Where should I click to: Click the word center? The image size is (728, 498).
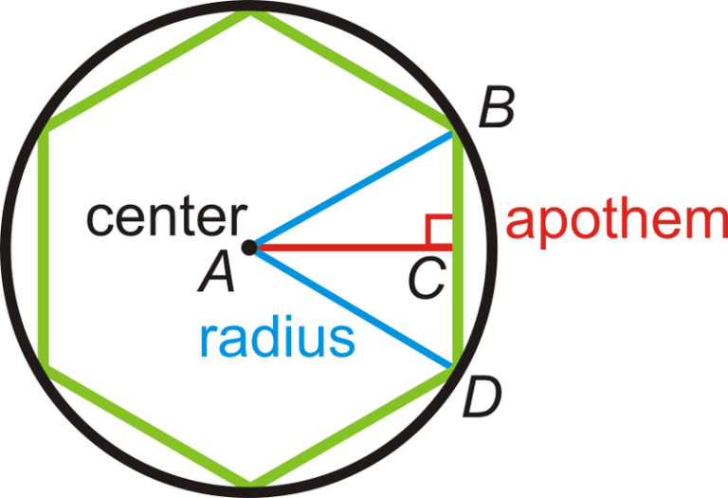click(x=164, y=217)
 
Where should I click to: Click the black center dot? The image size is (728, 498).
click(x=249, y=248)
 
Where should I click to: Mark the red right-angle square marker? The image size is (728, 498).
click(x=439, y=229)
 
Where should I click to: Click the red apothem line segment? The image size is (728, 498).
click(x=351, y=248)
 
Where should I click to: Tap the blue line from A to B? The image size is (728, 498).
click(x=351, y=189)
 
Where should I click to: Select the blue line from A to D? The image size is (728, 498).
click(x=351, y=306)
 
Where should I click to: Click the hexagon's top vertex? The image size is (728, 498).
click(x=251, y=15)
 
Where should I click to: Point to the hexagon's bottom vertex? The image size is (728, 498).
click(x=251, y=483)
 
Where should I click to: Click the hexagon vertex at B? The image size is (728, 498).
click(x=456, y=130)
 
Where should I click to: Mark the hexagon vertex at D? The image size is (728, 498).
click(x=455, y=368)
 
